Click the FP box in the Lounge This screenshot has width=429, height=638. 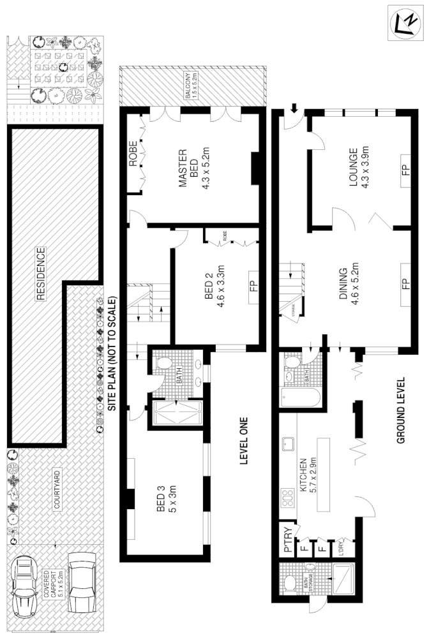click(405, 171)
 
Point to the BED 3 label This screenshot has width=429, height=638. click(166, 499)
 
